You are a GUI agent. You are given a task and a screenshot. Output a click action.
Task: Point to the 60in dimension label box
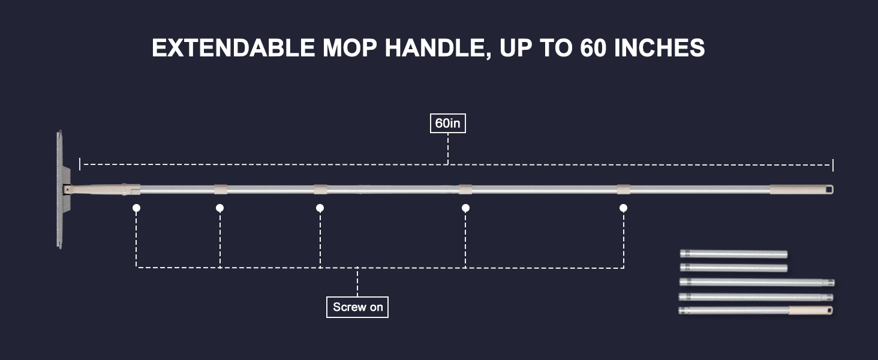[x=448, y=123]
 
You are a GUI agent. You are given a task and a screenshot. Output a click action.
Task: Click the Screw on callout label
[x=357, y=307]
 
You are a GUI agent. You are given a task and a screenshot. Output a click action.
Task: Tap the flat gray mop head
[x=59, y=189]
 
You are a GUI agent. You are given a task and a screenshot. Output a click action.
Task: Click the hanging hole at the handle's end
[x=828, y=190]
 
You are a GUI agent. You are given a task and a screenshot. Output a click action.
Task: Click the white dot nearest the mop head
[x=137, y=208]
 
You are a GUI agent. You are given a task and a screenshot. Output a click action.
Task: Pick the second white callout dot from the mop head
[x=220, y=208]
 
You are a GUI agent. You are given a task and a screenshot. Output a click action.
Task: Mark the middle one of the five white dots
[x=320, y=208]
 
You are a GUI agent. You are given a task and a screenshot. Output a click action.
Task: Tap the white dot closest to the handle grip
[x=624, y=208]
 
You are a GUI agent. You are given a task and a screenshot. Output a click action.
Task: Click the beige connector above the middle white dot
[x=320, y=190]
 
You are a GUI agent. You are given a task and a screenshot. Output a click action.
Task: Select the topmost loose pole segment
[x=733, y=254]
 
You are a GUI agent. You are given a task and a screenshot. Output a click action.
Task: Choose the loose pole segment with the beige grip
[x=756, y=311]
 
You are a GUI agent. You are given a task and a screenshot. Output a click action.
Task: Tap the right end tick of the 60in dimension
[x=833, y=165]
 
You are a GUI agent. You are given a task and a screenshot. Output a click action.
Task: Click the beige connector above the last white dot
[x=624, y=190]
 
